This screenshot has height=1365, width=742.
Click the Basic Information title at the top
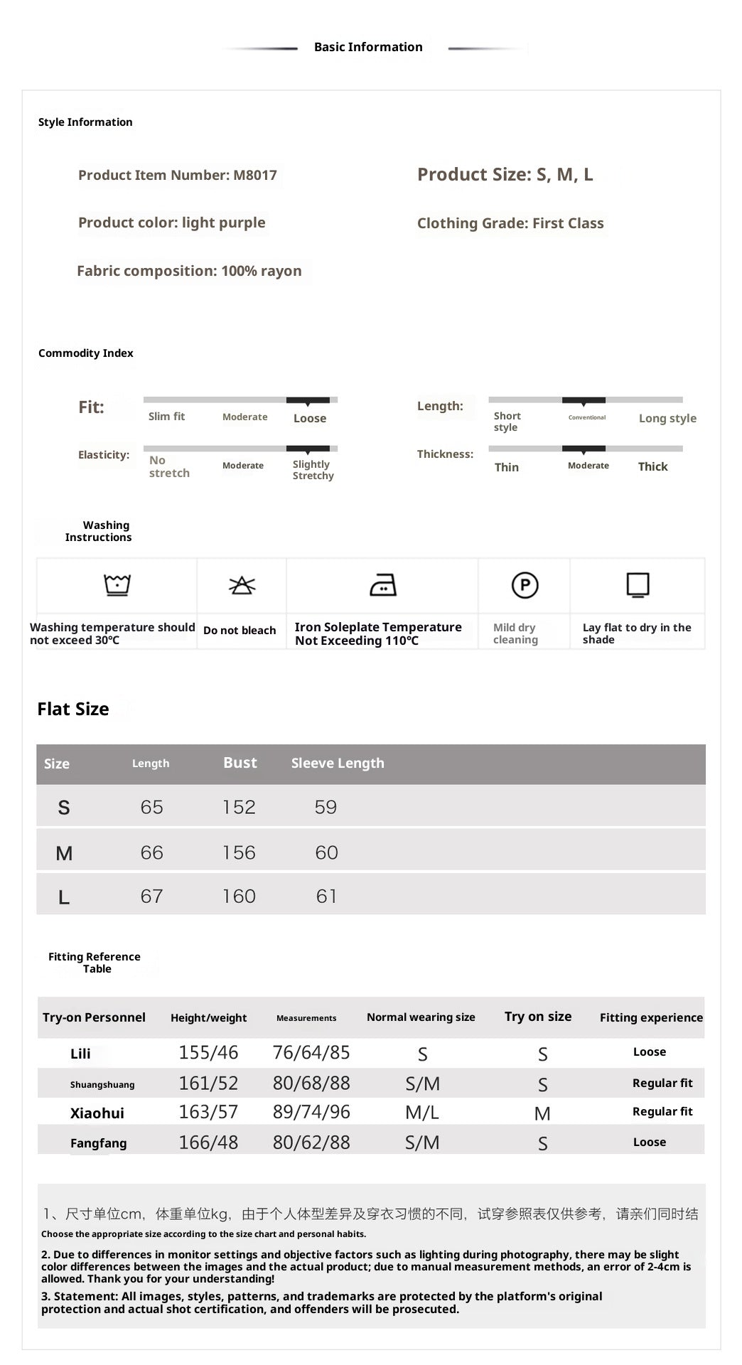click(368, 47)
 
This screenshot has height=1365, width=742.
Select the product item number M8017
click(178, 175)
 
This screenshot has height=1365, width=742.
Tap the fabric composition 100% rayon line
click(189, 271)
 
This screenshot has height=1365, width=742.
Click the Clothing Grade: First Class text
click(510, 223)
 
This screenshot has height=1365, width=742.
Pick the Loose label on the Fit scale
click(310, 418)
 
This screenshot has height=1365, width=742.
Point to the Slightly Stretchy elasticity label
click(313, 470)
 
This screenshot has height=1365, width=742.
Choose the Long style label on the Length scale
click(667, 418)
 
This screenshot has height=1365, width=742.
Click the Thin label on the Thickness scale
click(507, 467)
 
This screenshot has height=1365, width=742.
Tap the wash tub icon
click(117, 584)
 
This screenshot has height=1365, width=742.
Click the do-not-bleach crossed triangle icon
click(242, 585)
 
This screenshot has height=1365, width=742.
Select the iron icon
click(383, 584)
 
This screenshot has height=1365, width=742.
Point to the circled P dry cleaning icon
click(525, 585)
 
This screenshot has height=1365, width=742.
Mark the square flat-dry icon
click(638, 584)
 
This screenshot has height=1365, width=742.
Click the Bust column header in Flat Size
click(240, 763)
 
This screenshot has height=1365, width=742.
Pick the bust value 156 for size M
click(239, 852)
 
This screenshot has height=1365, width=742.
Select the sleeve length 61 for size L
click(326, 896)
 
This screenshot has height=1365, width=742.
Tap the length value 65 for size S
click(151, 807)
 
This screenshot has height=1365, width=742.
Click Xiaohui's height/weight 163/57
click(208, 1112)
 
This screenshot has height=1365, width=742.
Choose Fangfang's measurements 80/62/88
click(311, 1142)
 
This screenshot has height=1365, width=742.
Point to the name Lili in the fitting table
click(80, 1054)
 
